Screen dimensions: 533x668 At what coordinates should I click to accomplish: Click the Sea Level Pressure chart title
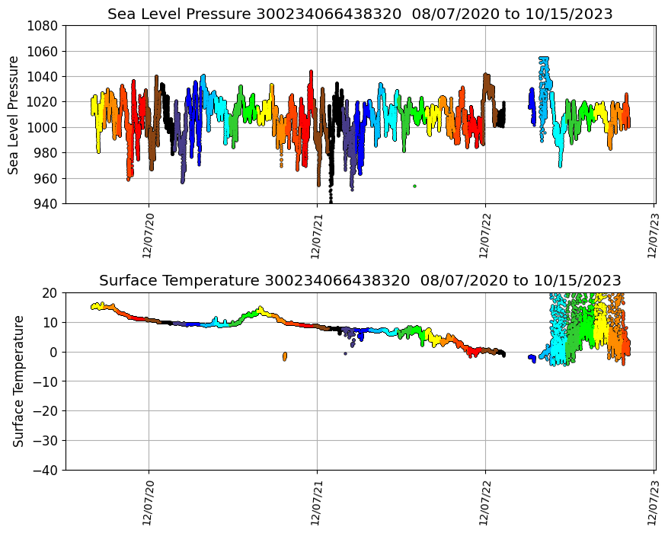[360, 14]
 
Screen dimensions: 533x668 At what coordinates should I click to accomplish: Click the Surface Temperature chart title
[360, 280]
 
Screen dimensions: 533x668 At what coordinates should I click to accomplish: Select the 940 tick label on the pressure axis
[47, 204]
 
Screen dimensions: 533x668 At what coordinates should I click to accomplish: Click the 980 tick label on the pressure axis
[47, 153]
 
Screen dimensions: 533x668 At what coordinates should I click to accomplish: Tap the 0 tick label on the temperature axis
[56, 352]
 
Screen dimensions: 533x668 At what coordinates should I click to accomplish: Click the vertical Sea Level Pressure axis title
[14, 115]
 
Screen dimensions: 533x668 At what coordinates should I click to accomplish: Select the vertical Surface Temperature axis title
[18, 381]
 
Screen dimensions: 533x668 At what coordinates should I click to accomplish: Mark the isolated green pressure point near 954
[414, 186]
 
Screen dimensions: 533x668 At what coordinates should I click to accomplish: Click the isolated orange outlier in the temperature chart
[284, 356]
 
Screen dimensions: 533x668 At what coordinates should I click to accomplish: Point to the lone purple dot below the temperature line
[345, 353]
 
